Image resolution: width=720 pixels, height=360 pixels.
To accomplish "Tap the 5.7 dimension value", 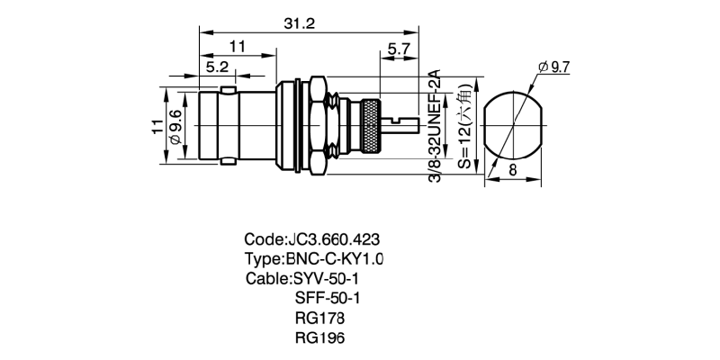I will tap(400, 49).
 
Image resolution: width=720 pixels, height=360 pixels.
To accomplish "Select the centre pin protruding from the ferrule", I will tap(405, 121).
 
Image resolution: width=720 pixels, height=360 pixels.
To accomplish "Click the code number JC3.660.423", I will tap(333, 240).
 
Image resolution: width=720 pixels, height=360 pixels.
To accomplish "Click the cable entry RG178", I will tap(319, 318).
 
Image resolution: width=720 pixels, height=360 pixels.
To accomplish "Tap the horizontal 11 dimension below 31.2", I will tap(238, 46).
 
